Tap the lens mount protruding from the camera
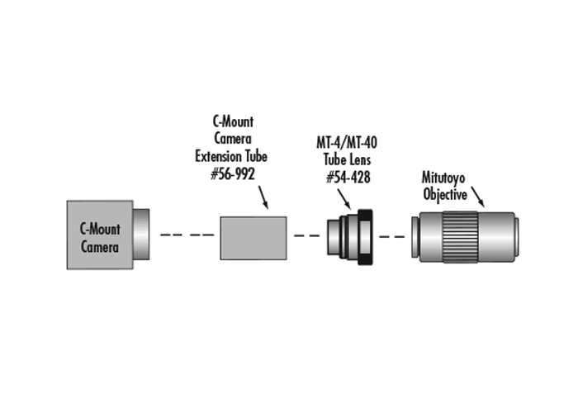tap(141, 234)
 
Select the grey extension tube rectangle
tap(253, 238)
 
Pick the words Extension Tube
tap(231, 156)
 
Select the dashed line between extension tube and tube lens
tap(307, 235)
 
